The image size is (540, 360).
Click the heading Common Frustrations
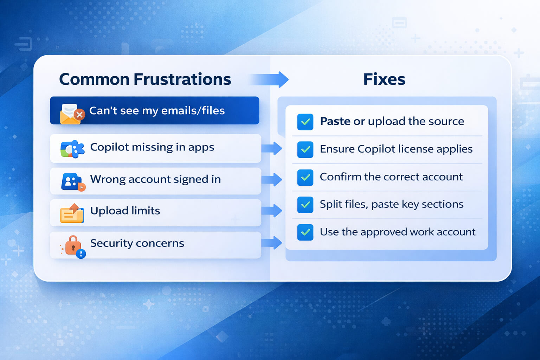pyautogui.click(x=145, y=79)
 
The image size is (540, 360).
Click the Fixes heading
pyautogui.click(x=384, y=79)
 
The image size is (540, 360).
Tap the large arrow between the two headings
pyautogui.click(x=270, y=79)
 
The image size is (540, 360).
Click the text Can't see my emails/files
pyautogui.click(x=157, y=111)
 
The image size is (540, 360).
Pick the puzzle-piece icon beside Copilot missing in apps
pyautogui.click(x=72, y=149)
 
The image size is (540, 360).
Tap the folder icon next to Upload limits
pyautogui.click(x=72, y=213)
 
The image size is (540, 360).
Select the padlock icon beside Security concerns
pyautogui.click(x=73, y=247)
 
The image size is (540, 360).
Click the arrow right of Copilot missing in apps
pyautogui.click(x=272, y=148)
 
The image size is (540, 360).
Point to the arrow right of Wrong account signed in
pyautogui.click(x=272, y=180)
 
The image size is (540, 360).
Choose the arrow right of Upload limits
pyautogui.click(x=272, y=211)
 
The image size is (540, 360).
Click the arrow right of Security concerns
pyautogui.click(x=272, y=243)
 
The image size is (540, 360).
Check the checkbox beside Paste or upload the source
pyautogui.click(x=305, y=122)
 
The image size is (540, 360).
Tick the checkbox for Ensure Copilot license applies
pyautogui.click(x=305, y=149)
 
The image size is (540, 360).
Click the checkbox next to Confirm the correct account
pyautogui.click(x=305, y=177)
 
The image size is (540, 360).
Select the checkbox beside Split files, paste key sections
pyautogui.click(x=305, y=205)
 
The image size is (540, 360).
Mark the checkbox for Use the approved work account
pyautogui.click(x=305, y=232)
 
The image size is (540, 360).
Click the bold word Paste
pyautogui.click(x=335, y=121)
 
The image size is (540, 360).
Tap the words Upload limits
pyautogui.click(x=125, y=211)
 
